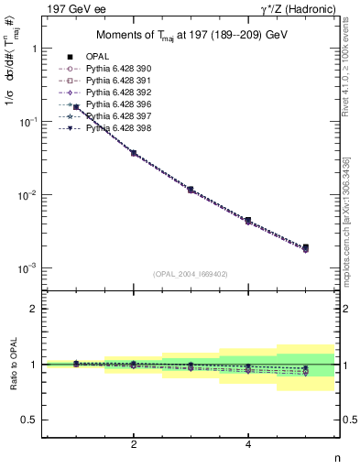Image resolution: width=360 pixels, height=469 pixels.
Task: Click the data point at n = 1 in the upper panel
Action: (x=77, y=107)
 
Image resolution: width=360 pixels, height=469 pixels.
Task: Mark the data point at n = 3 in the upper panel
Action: (x=191, y=190)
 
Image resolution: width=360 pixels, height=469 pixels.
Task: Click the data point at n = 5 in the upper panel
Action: (x=305, y=247)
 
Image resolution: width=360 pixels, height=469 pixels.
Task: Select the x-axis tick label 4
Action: (x=248, y=443)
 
